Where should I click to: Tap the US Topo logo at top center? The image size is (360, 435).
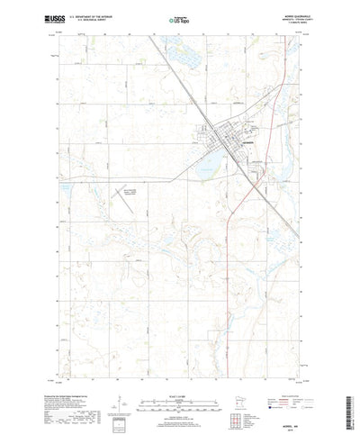177,17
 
